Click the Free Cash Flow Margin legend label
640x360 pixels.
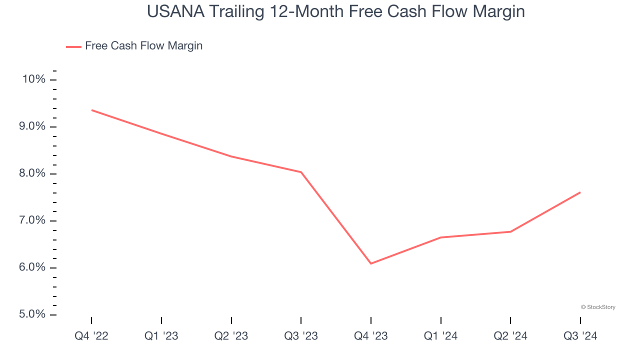tap(143, 46)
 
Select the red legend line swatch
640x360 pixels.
tap(73, 46)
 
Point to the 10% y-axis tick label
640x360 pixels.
tap(33, 79)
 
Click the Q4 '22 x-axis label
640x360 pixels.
tap(91, 336)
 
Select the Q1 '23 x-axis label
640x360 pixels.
tap(161, 336)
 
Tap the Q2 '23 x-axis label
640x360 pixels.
tap(231, 336)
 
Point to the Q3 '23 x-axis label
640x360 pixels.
tap(301, 336)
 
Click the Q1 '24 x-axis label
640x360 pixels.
tap(440, 336)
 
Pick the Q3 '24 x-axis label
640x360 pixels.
tap(580, 336)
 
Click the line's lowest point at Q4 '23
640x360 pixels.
tap(371, 263)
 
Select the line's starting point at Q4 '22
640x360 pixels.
tap(92, 110)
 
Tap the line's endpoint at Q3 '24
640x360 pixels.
tap(580, 192)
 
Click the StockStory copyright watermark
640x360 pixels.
tap(598, 307)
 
